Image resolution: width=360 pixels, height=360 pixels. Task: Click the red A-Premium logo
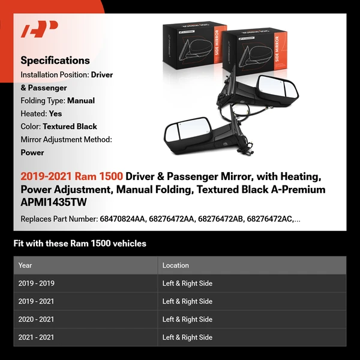39,29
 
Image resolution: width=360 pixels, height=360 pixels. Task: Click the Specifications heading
55,61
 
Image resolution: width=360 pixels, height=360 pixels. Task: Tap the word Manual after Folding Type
81,101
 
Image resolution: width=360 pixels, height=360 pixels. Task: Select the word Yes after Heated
55,113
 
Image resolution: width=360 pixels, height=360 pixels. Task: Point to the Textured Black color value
70,127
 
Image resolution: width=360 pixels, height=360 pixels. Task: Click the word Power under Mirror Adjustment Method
32,152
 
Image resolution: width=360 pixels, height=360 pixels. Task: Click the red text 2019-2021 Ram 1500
72,176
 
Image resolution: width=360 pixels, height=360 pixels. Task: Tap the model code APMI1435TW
53,203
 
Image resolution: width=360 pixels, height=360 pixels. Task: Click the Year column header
25,265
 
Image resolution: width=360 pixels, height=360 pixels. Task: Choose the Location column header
175,265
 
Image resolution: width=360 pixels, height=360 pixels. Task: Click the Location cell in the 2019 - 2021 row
187,301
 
